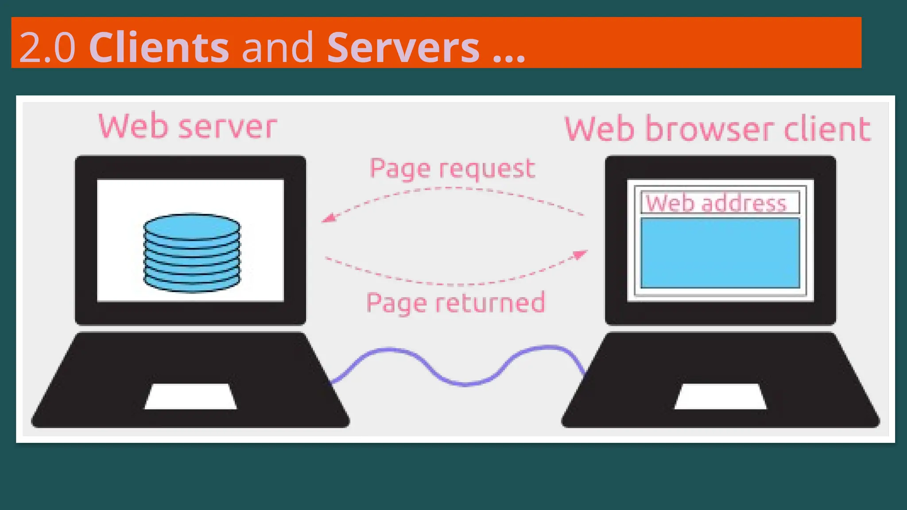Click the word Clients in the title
click(159, 47)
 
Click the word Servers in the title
click(403, 47)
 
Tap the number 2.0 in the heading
click(47, 47)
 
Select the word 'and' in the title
click(278, 47)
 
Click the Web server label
click(187, 127)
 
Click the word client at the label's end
click(827, 129)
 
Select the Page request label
click(452, 169)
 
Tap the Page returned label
click(455, 303)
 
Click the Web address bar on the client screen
click(720, 203)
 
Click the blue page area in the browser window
click(720, 253)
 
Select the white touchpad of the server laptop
click(190, 397)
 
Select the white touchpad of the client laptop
click(721, 397)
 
